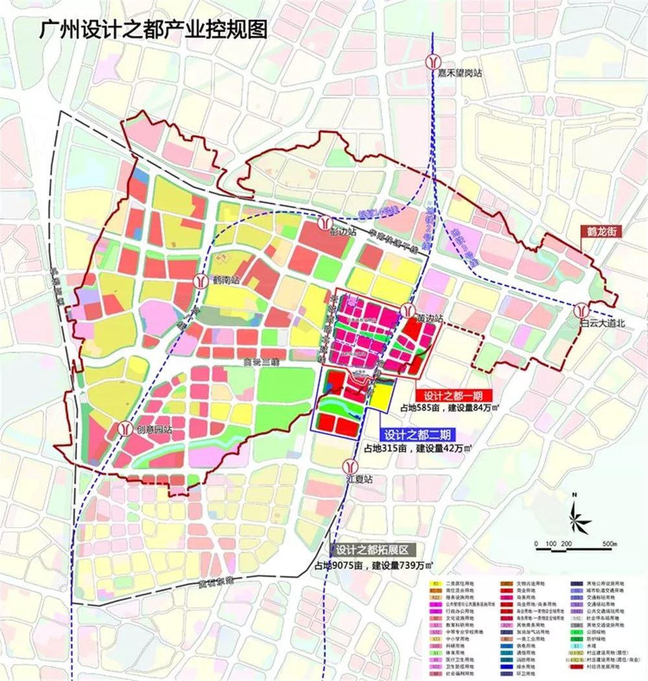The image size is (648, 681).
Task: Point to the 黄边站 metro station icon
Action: click(407, 310)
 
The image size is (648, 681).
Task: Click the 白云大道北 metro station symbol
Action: click(583, 309)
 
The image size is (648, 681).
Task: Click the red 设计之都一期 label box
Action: click(454, 396)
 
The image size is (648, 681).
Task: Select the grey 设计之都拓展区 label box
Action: click(372, 550)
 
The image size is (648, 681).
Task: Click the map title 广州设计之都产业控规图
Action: click(153, 30)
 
